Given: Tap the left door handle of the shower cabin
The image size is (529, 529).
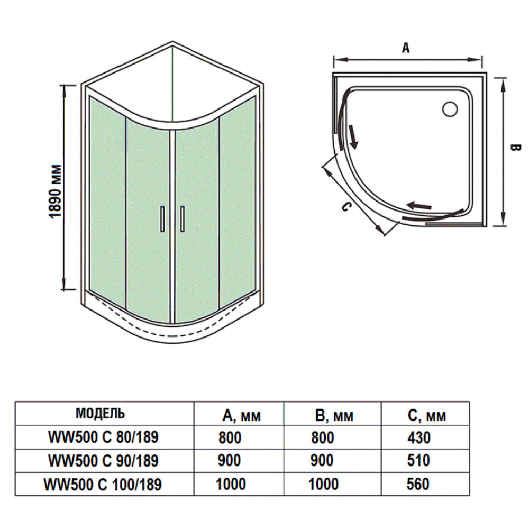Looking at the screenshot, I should (162, 219).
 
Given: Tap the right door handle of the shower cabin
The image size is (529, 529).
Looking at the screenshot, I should (182, 219).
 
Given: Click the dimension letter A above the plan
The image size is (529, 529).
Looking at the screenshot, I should (406, 48).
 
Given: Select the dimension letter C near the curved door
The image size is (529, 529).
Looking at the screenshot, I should (344, 206).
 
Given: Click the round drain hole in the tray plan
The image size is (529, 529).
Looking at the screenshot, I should (450, 108).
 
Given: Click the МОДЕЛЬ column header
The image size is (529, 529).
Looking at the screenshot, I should (101, 413).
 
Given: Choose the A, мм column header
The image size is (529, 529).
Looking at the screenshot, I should (241, 416).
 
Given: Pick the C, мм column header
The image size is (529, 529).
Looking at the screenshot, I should (427, 416).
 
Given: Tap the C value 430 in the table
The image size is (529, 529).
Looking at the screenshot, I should (419, 438).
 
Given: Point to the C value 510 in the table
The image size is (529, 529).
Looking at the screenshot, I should (419, 460).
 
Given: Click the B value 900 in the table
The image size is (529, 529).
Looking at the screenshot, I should (323, 460).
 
